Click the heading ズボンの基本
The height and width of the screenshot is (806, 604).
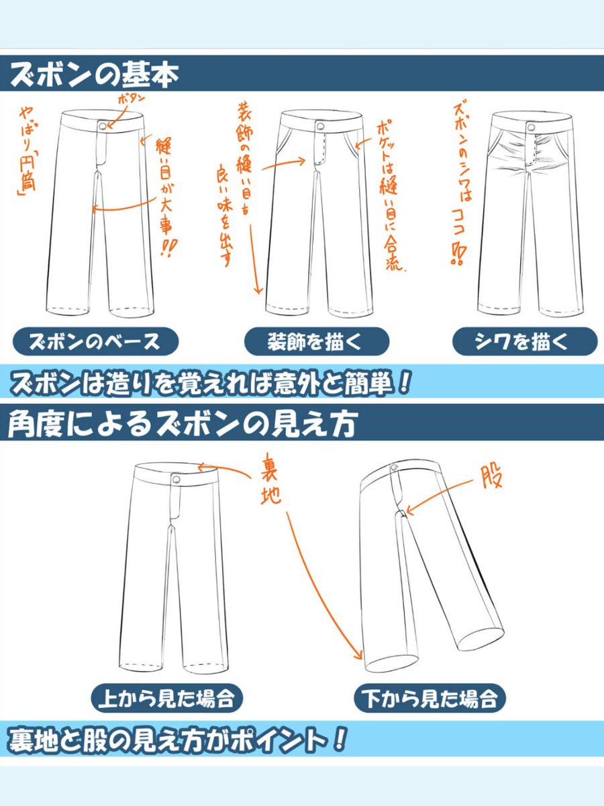click(94, 76)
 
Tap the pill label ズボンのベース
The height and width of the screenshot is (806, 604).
click(95, 342)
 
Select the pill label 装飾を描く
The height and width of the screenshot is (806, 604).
click(316, 342)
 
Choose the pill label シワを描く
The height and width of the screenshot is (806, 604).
click(524, 342)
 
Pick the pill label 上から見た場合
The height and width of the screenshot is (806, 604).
click(166, 699)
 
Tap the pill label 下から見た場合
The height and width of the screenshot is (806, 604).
click(428, 699)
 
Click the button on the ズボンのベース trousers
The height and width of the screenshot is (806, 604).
click(103, 124)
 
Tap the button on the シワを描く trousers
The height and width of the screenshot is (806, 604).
click(532, 126)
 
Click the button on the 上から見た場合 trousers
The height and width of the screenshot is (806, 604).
click(176, 478)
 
